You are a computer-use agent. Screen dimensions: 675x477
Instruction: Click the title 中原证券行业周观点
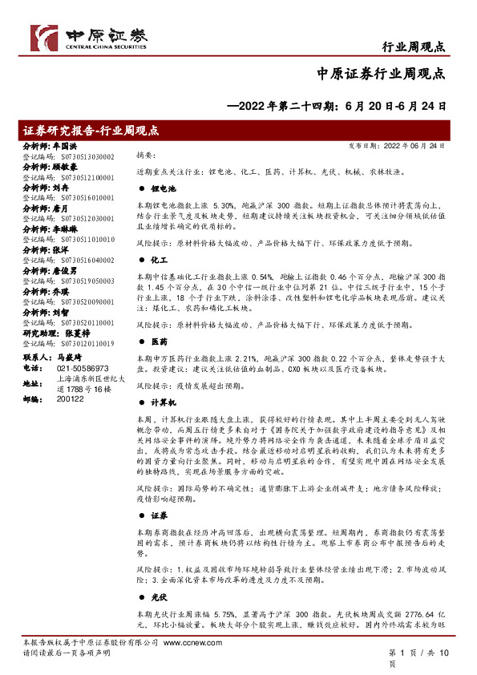(x=386, y=75)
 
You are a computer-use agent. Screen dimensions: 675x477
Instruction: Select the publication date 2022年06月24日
(x=426, y=147)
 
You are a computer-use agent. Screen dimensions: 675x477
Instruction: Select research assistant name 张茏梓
(x=83, y=333)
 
